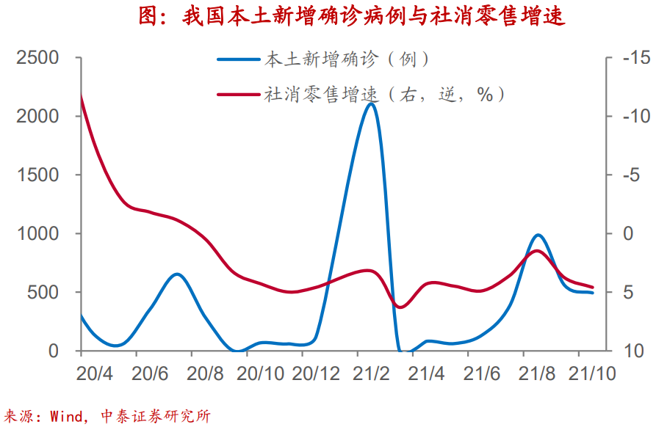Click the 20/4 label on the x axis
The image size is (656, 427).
click(x=95, y=373)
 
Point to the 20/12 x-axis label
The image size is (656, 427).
click(x=316, y=373)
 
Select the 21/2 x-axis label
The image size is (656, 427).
click(x=371, y=373)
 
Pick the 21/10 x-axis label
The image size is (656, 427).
click(x=592, y=373)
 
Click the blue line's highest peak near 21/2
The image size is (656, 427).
click(x=371, y=103)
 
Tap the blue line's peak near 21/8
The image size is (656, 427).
click(x=538, y=235)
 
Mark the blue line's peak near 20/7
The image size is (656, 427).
click(x=177, y=274)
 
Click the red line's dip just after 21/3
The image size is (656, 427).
click(x=400, y=307)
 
